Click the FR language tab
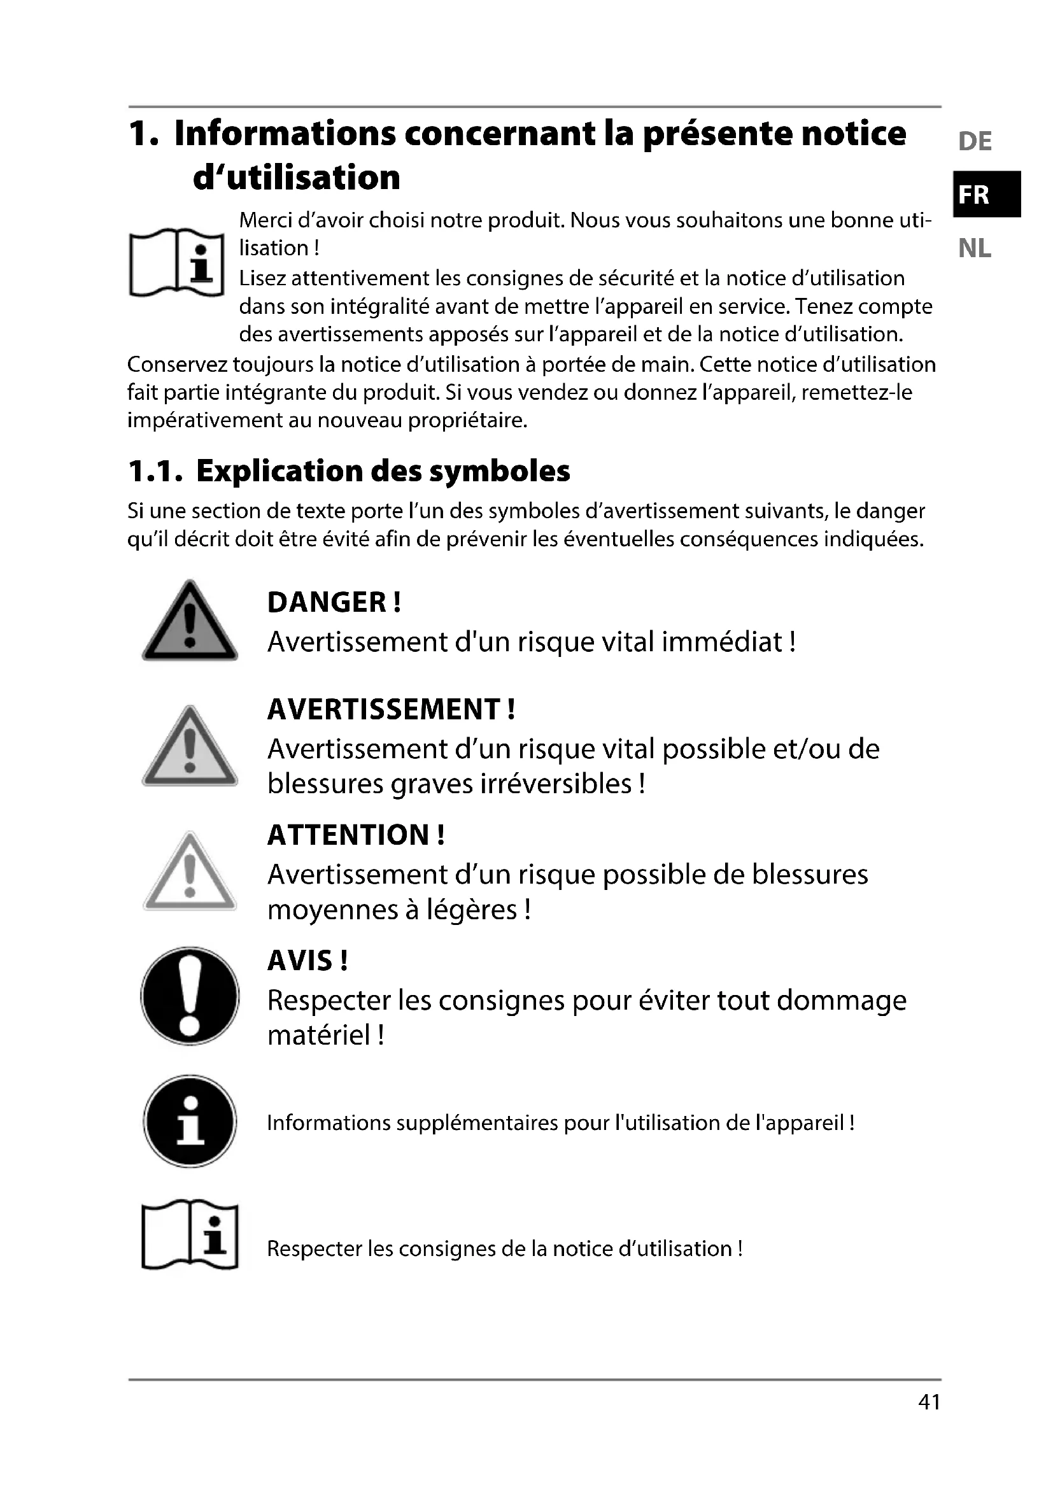pos(986,194)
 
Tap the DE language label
pos(975,141)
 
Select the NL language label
pos(975,248)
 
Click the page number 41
pos(929,1401)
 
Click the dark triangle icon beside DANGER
pos(189,623)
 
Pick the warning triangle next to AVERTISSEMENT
pos(189,748)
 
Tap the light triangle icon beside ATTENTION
pos(189,873)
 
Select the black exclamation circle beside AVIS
pos(189,996)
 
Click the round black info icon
pos(189,1122)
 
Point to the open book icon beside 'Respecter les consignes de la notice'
pos(189,1235)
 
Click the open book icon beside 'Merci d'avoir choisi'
pos(176,262)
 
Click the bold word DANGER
pos(327,602)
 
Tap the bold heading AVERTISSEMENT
pos(383,709)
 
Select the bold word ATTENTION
pos(348,835)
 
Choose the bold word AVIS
pos(300,961)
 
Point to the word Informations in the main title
pos(285,133)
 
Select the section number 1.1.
pos(153,472)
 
